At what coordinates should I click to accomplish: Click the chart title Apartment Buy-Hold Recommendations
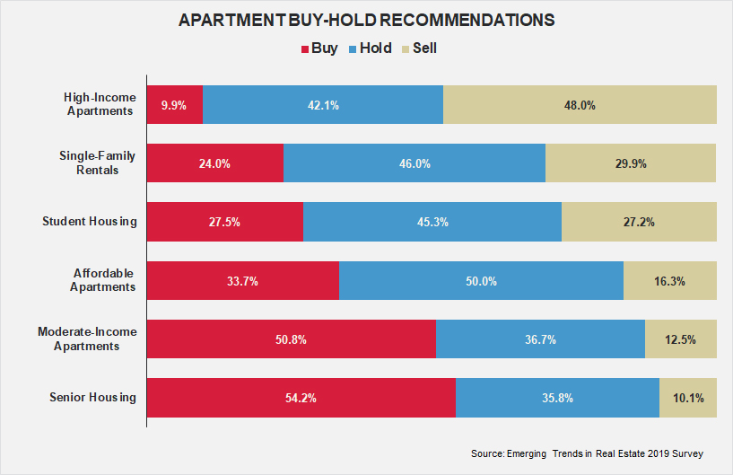coord(366,20)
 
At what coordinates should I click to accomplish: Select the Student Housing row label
coord(90,222)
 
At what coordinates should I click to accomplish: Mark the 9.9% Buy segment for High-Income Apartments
coord(174,105)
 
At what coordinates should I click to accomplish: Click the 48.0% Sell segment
coord(580,105)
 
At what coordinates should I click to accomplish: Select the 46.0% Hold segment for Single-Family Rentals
coord(414,163)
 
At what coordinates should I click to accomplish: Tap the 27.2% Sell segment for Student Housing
coord(639,222)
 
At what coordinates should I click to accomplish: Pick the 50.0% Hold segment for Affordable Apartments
coord(481,281)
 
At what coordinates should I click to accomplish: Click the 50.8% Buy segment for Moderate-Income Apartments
coord(291,339)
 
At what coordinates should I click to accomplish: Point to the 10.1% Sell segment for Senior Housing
coord(688,398)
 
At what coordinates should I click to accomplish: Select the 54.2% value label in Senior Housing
coord(300,398)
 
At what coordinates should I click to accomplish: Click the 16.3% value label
coord(669,281)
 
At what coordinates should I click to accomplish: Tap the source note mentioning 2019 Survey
coord(587,453)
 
